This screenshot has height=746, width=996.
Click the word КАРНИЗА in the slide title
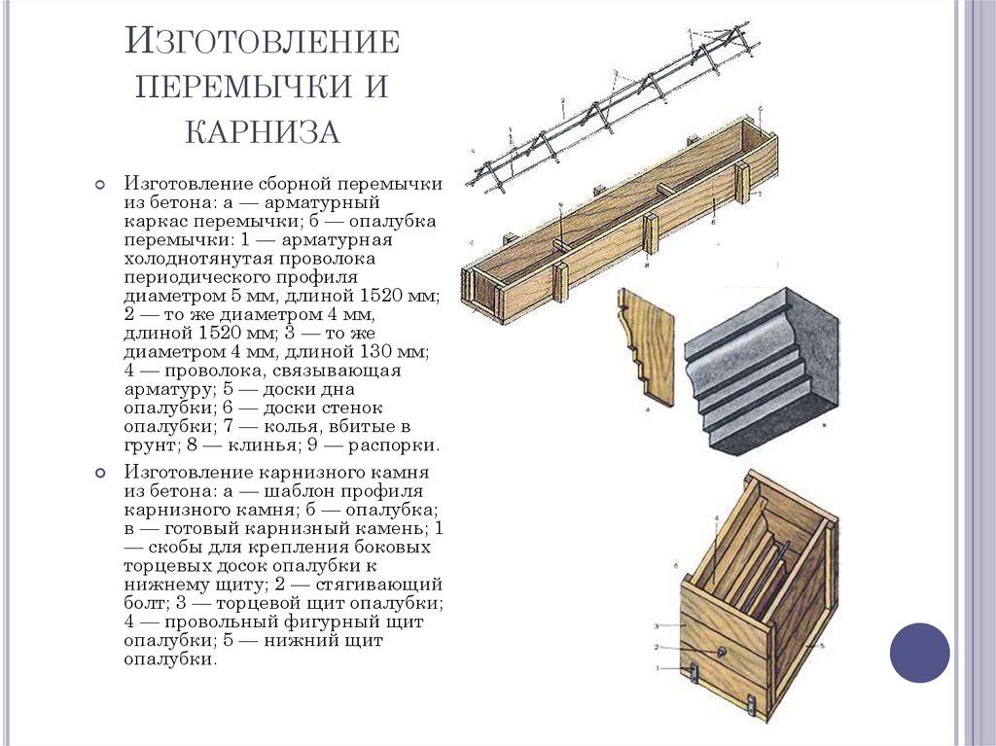[262, 130]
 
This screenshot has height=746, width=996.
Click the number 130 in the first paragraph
[376, 351]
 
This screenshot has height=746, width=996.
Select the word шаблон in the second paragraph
[305, 491]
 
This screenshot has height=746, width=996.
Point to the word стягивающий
[393, 585]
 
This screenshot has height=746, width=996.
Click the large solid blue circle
[919, 653]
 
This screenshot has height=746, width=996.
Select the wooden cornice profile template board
[646, 345]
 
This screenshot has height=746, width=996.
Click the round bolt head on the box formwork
[724, 651]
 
